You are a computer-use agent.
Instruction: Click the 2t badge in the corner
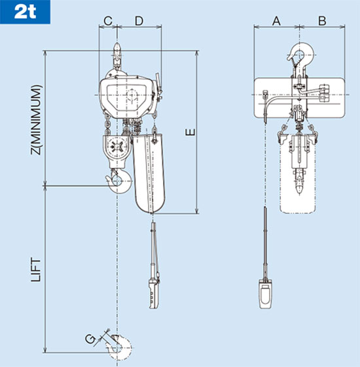click(19, 12)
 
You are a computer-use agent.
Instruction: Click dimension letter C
click(108, 21)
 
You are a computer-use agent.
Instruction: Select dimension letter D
click(139, 21)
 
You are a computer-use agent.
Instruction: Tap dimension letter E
click(190, 133)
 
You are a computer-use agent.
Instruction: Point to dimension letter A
click(276, 21)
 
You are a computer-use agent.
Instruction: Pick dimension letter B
click(321, 21)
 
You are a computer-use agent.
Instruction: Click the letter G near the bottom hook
click(90, 339)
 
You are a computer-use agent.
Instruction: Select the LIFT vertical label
click(37, 269)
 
